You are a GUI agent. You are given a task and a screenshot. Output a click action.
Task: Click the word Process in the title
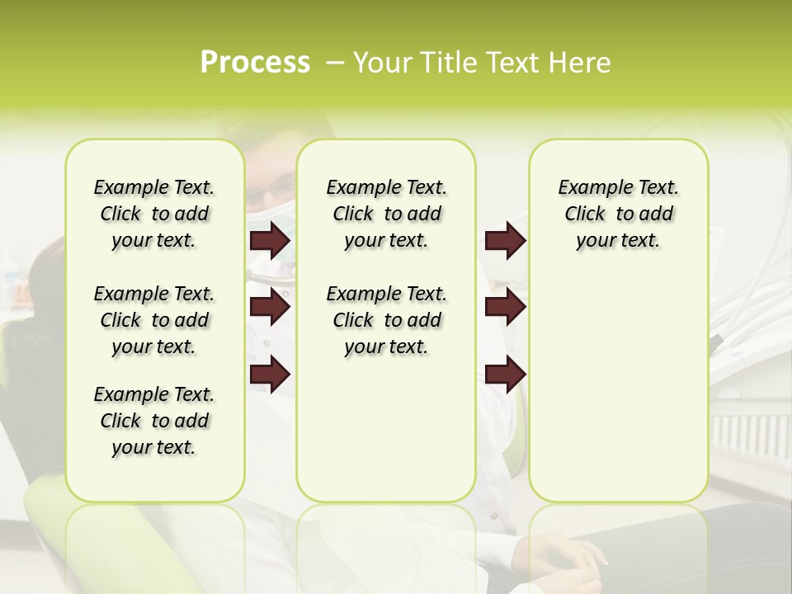[255, 63]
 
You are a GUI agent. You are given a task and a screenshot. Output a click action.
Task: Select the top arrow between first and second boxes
[269, 240]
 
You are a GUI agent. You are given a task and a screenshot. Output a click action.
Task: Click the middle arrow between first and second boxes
[269, 308]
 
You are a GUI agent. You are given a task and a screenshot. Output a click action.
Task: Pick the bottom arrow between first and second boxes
[269, 375]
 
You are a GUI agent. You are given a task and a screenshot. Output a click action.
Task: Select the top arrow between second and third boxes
[505, 240]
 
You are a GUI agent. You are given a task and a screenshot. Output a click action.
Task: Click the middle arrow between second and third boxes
[505, 308]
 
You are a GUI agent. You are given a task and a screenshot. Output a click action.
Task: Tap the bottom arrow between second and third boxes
[505, 375]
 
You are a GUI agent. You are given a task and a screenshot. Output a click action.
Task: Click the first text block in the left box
[154, 214]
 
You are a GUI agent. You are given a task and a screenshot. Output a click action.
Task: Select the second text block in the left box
[154, 320]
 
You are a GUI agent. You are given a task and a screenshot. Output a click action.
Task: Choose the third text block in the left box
[154, 421]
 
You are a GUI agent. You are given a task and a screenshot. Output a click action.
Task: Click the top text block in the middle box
[386, 214]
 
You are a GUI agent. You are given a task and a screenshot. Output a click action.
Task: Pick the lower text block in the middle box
[386, 320]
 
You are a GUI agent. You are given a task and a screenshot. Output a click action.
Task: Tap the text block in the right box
[618, 214]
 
